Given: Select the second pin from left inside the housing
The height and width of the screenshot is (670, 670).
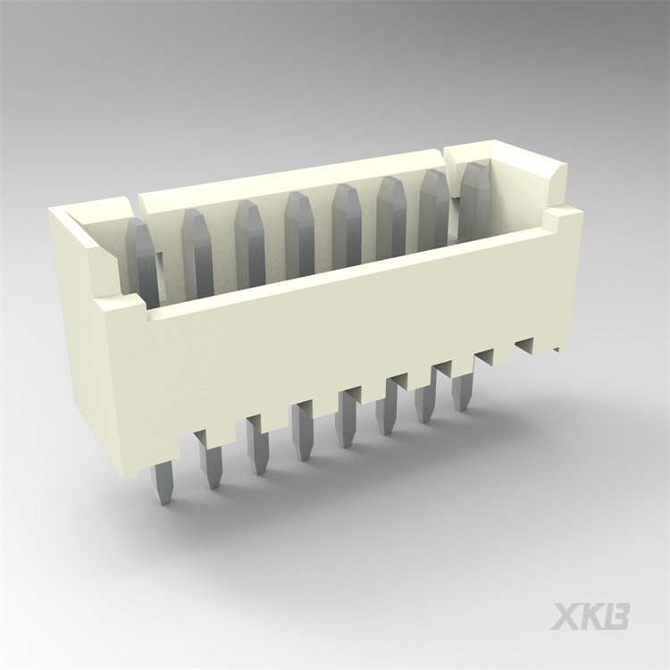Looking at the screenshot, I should [197, 246].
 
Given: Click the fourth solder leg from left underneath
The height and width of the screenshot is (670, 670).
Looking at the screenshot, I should [303, 436].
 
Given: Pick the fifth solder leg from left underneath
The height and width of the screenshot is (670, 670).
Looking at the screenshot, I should [346, 423].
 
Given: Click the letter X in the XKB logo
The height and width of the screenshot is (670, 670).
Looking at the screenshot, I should [565, 616].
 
